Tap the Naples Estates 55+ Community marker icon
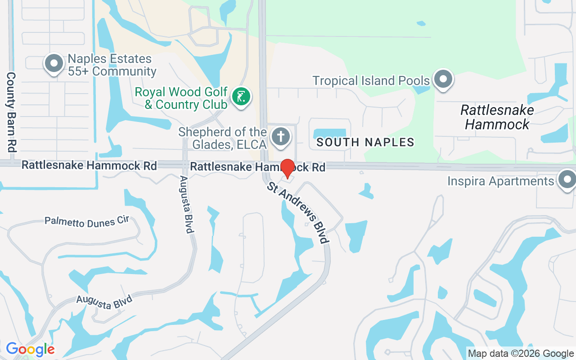click(54, 63)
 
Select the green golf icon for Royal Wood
click(241, 96)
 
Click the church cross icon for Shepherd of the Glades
click(281, 135)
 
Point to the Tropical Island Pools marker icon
click(443, 79)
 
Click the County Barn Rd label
click(11, 112)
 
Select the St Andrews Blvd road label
click(297, 212)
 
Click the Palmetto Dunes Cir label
click(87, 221)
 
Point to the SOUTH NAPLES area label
click(365, 142)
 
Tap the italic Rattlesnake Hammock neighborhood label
click(497, 117)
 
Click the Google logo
click(30, 349)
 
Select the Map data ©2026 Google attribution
click(521, 354)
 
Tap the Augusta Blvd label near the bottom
click(104, 301)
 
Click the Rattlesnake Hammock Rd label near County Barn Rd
click(89, 165)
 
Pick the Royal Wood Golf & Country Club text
click(181, 98)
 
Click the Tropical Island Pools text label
click(371, 81)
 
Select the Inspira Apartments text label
click(500, 181)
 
